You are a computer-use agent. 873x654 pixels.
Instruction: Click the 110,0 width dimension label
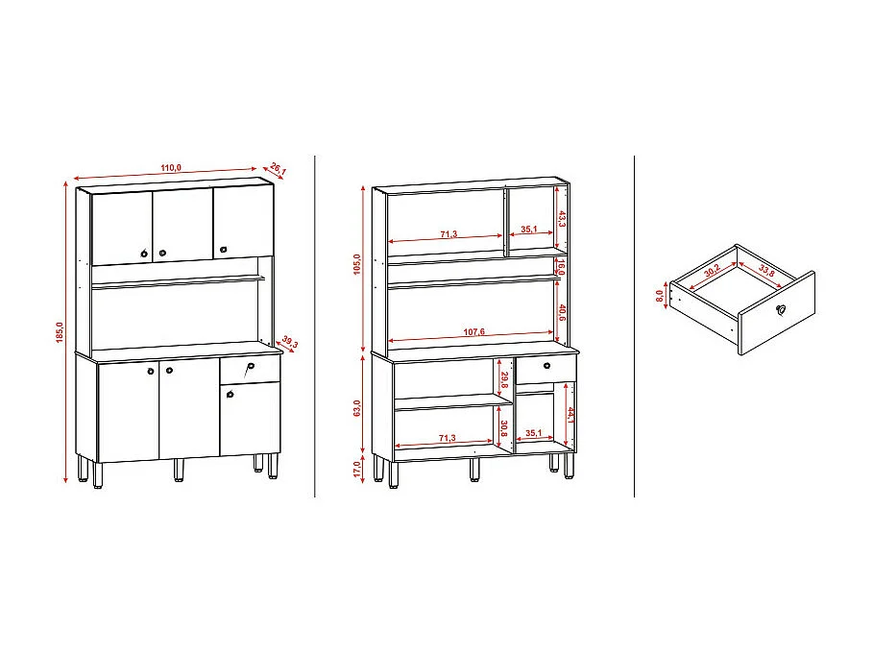(171, 169)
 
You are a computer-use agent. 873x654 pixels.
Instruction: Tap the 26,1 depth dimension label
(278, 170)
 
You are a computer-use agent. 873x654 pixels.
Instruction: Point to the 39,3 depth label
(288, 344)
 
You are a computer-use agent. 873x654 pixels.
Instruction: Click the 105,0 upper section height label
(357, 263)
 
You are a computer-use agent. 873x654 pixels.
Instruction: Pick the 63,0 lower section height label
(356, 407)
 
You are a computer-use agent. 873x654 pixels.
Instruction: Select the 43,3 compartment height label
(563, 217)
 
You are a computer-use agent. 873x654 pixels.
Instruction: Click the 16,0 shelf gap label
(563, 265)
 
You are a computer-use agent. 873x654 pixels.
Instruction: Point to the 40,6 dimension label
(563, 312)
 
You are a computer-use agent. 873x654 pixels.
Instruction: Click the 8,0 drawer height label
(661, 295)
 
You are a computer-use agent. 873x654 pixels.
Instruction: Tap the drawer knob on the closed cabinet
(250, 368)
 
